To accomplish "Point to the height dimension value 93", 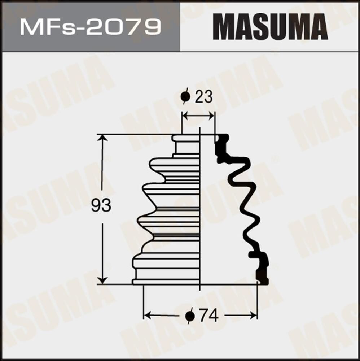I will [101, 206].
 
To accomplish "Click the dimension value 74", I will [209, 316].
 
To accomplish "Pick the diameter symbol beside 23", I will [185, 97].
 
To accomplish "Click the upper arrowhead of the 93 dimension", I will [103, 138].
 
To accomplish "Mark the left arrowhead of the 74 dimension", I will [147, 316].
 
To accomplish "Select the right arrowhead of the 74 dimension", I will [254, 316].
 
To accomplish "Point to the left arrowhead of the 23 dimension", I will [185, 116].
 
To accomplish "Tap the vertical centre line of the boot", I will [200, 209].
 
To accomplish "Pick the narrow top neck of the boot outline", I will [186, 146].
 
